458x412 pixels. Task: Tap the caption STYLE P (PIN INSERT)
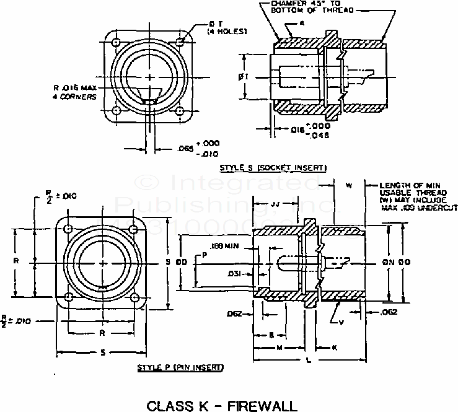[x=181, y=368]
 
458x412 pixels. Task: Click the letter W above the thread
[x=348, y=185]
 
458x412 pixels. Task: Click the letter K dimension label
[x=335, y=348]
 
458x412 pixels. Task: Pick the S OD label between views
[x=175, y=263]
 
